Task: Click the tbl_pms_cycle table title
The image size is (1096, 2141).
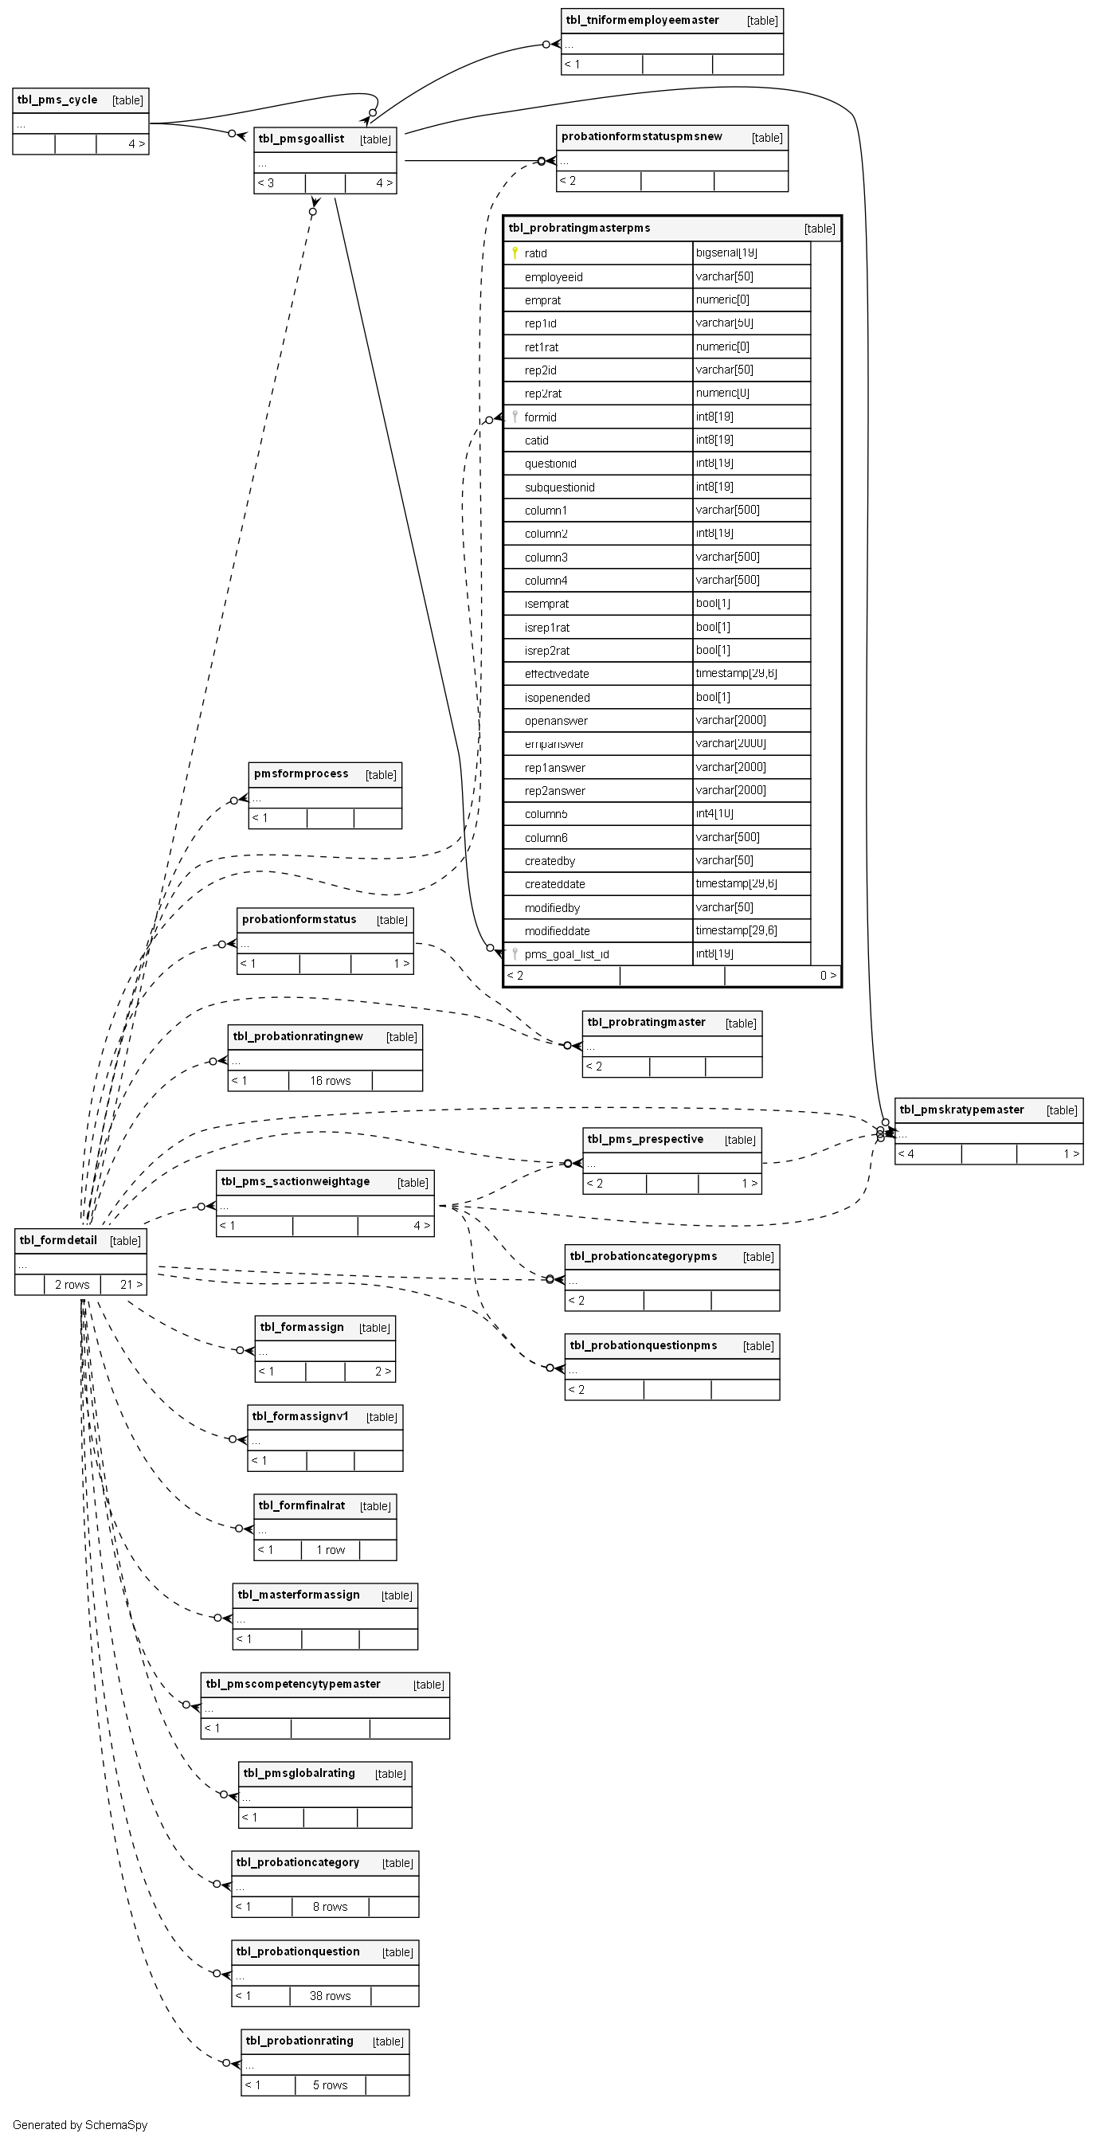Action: [x=57, y=100]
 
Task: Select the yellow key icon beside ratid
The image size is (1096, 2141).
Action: [x=515, y=252]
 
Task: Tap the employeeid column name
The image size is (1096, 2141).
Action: [x=554, y=276]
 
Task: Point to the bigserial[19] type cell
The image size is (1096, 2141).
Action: [x=726, y=252]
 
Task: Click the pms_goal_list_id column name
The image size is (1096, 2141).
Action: [x=566, y=954]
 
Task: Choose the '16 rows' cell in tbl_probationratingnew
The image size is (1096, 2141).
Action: [x=330, y=1081]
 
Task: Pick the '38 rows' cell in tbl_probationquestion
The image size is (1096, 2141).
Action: [x=330, y=1995]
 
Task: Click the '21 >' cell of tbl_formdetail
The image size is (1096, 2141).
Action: [x=131, y=1284]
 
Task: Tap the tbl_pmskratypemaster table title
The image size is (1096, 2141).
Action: [x=961, y=1110]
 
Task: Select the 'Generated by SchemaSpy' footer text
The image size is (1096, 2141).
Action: [x=80, y=2124]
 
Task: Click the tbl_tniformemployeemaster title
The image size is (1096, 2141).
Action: [x=642, y=20]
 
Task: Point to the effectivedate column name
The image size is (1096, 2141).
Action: [x=557, y=674]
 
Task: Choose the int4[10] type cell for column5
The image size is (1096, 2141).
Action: [x=714, y=814]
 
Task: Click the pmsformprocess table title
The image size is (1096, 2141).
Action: [x=301, y=773]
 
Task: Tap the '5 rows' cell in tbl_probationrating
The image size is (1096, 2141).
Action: [x=330, y=2084]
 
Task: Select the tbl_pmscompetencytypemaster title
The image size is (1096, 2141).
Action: [x=293, y=1684]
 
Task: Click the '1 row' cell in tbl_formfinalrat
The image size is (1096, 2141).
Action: [x=330, y=1549]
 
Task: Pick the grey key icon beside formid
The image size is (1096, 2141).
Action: [x=515, y=417]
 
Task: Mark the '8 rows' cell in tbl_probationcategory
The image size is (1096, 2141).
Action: [x=330, y=1907]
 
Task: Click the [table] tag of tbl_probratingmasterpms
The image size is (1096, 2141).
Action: [x=820, y=229]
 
